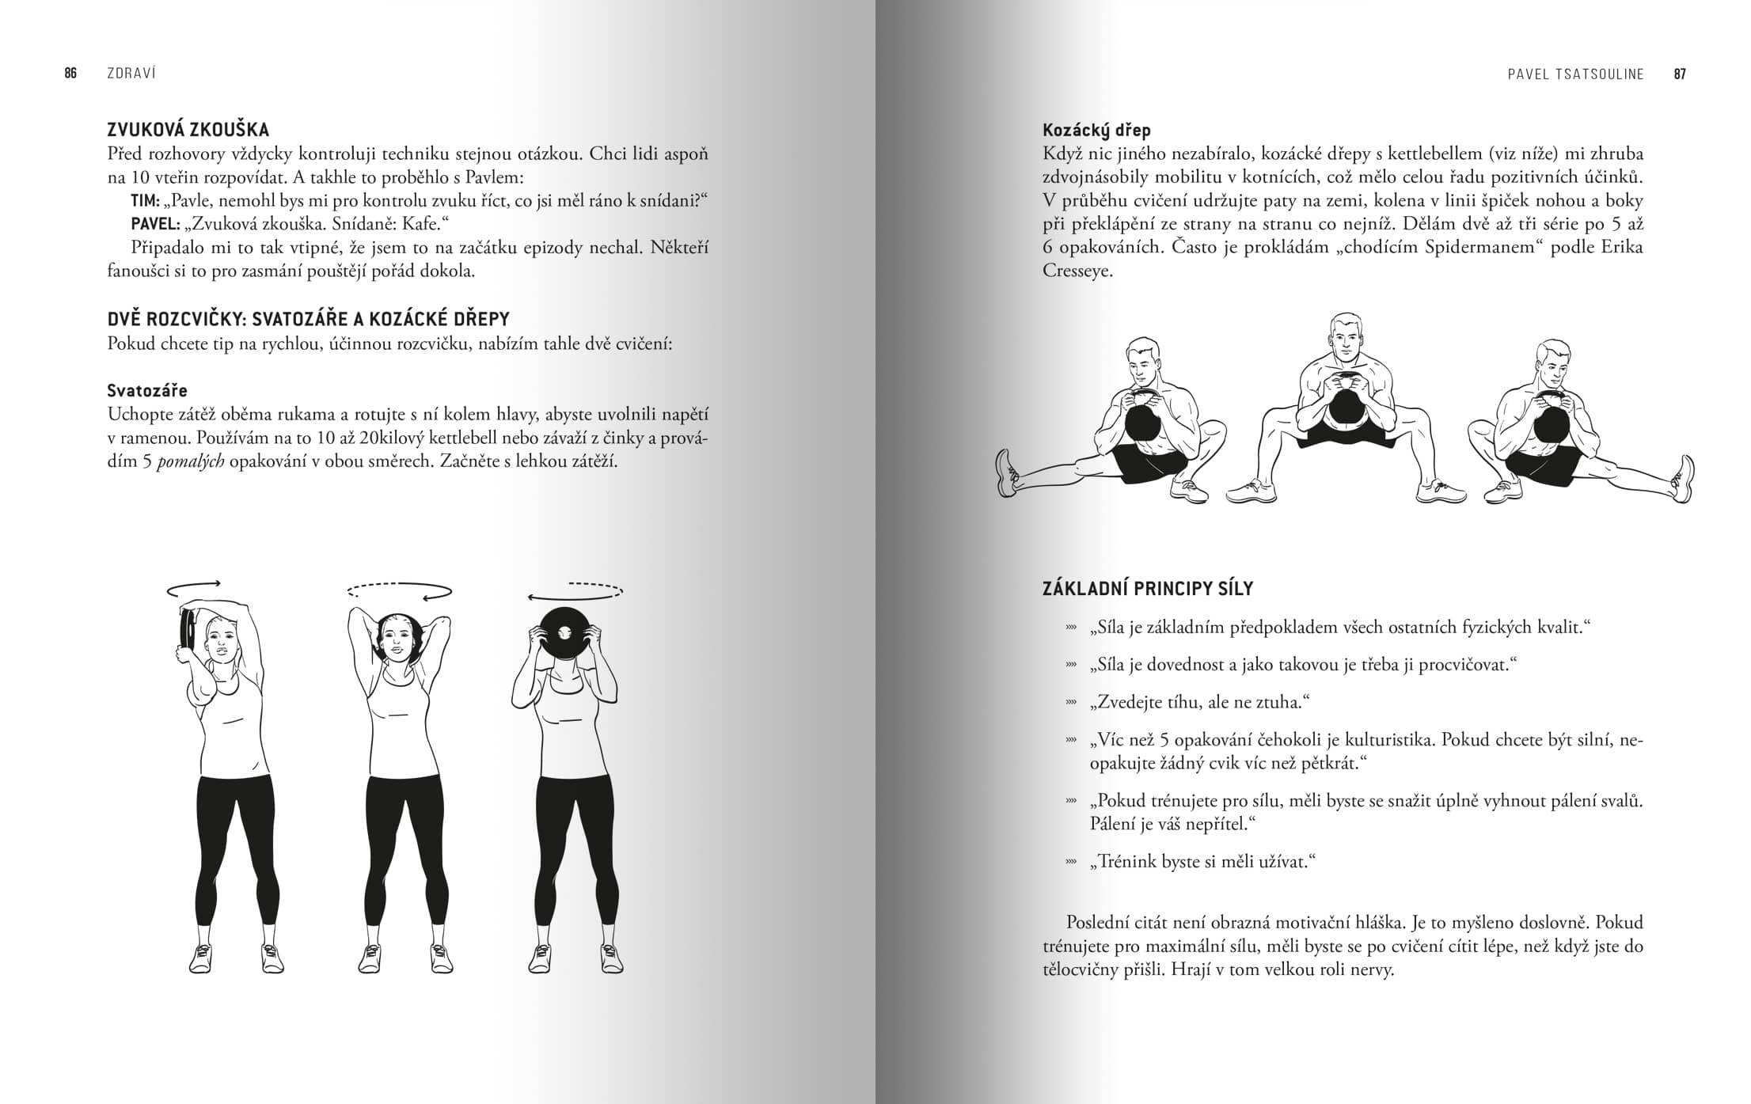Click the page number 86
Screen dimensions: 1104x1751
[x=70, y=74]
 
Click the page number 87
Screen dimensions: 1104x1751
[x=1680, y=74]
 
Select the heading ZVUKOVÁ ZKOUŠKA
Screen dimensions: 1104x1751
[x=188, y=130]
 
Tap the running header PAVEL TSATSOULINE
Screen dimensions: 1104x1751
[x=1576, y=74]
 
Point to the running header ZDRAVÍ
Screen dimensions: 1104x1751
[x=131, y=74]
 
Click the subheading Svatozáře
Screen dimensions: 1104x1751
[x=147, y=390]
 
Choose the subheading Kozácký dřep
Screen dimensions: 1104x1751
[x=1096, y=130]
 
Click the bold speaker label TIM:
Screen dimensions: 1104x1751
[x=146, y=201]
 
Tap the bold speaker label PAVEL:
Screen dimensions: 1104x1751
[x=155, y=224]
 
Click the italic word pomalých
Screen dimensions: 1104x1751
[x=190, y=461]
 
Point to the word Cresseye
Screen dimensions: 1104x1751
[x=1077, y=271]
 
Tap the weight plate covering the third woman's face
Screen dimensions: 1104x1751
[x=564, y=633]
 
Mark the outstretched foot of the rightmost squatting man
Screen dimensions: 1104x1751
[x=1685, y=478]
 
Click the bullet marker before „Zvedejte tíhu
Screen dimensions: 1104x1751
[x=1071, y=702]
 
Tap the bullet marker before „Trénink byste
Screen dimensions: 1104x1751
[x=1071, y=862]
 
